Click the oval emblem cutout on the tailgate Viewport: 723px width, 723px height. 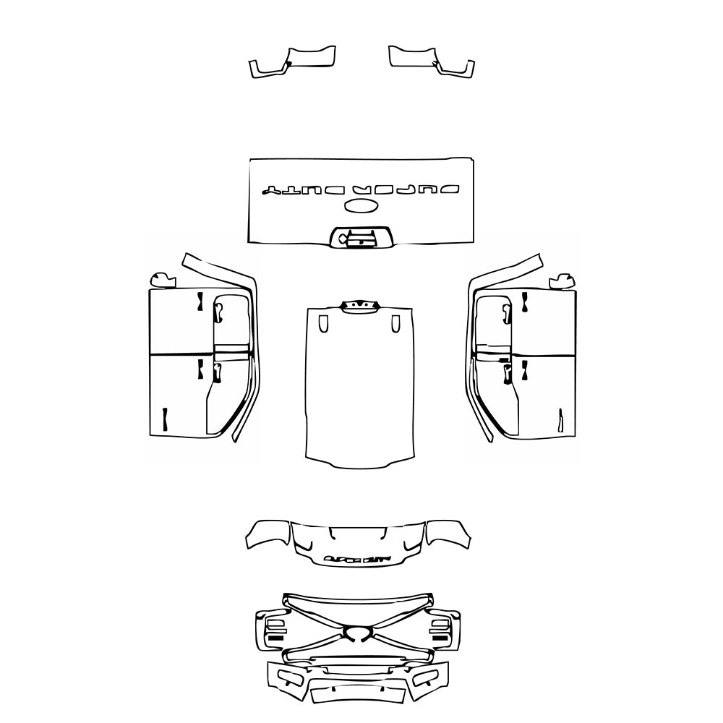pyautogui.click(x=361, y=207)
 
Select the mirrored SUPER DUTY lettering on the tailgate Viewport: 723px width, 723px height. pyautogui.click(x=360, y=190)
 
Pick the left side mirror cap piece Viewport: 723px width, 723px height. pyautogui.click(x=162, y=279)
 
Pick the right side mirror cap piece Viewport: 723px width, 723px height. pyautogui.click(x=561, y=279)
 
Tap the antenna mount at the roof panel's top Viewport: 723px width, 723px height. pyautogui.click(x=359, y=307)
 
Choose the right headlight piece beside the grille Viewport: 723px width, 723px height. pyautogui.click(x=442, y=628)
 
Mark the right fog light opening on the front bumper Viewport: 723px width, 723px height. pyautogui.click(x=427, y=677)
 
